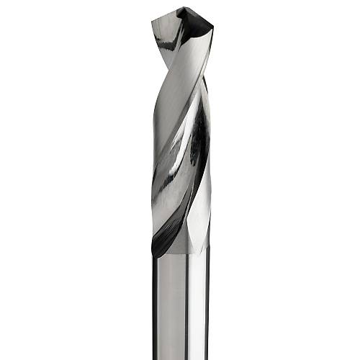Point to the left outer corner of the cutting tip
[x=153, y=22]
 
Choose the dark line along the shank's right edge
[x=209, y=310]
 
